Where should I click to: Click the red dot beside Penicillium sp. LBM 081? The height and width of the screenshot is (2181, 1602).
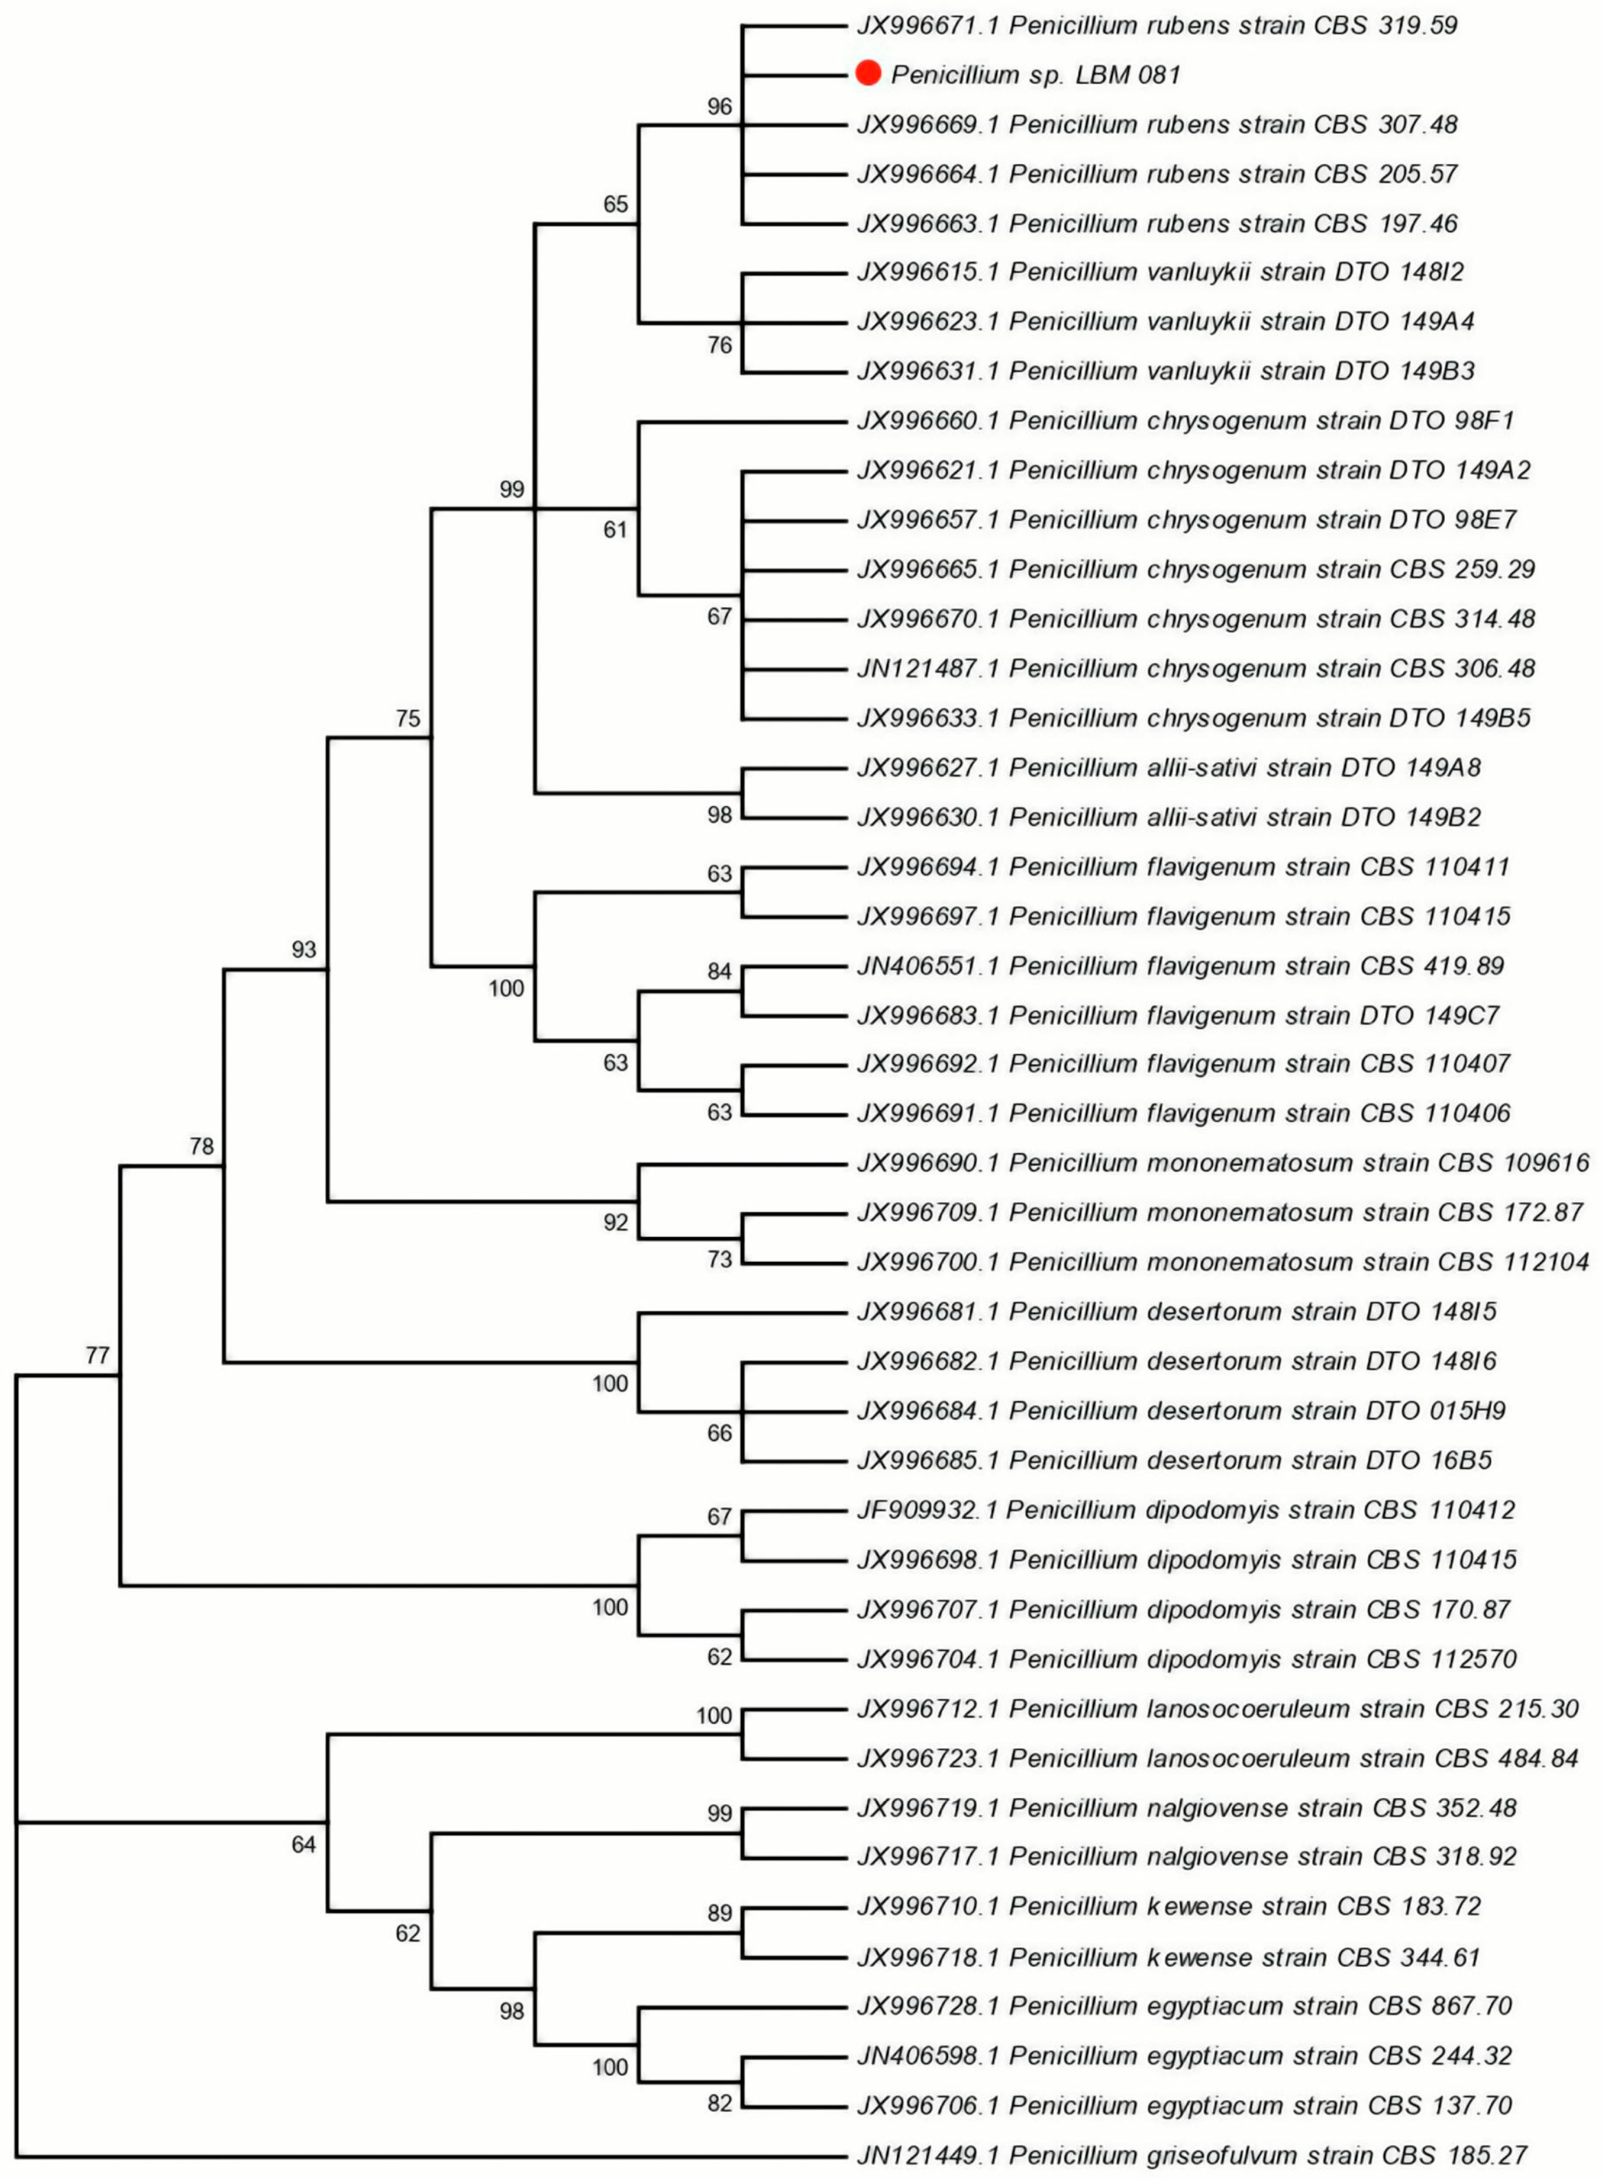[868, 73]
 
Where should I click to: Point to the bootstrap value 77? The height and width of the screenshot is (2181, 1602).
[97, 1355]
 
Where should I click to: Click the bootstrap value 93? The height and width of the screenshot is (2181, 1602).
[303, 949]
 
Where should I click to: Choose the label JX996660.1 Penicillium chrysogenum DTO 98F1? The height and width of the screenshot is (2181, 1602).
[1185, 421]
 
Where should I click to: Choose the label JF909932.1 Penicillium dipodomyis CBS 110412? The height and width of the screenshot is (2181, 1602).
[1185, 1510]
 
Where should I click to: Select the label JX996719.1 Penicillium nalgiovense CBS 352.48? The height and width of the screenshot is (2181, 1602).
[1186, 1808]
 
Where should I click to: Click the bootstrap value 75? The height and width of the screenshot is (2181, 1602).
[408, 718]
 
